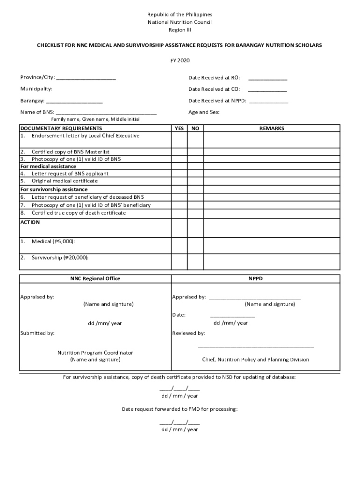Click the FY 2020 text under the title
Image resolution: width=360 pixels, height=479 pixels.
(180, 60)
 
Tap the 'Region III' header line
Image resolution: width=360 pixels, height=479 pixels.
(180, 30)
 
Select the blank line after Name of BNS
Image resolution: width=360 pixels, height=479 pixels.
(106, 113)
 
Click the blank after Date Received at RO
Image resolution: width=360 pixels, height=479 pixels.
(267, 78)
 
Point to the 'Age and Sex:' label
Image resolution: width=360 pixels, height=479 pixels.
(204, 112)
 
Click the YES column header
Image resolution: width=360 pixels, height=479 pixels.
(179, 128)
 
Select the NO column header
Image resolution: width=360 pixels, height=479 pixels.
(195, 128)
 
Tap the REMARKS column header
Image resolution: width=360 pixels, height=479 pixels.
(272, 128)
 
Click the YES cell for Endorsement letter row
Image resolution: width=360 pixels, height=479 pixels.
(179, 139)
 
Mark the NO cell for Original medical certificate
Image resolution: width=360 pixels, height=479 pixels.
(195, 181)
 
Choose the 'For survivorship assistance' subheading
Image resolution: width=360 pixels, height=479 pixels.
(54, 189)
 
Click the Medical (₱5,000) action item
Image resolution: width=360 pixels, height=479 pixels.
(53, 241)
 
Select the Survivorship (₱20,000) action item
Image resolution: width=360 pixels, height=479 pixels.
(59, 258)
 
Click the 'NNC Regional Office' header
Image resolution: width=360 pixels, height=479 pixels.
(95, 279)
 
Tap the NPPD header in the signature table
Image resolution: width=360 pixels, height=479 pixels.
(256, 279)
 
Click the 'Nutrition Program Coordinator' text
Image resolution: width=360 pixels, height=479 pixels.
(95, 353)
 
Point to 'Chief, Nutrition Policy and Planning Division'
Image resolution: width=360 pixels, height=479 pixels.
(255, 360)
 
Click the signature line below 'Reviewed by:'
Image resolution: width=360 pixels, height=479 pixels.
(256, 347)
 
